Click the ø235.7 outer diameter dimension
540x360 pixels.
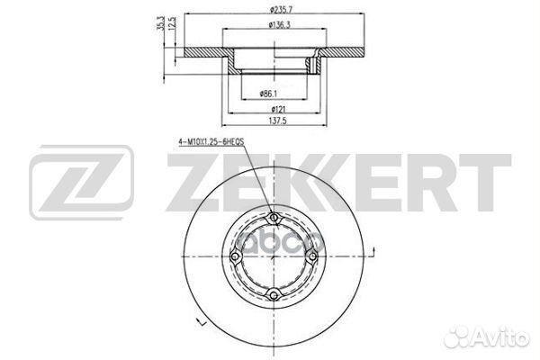[x=276, y=10]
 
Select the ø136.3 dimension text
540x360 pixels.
[x=276, y=25]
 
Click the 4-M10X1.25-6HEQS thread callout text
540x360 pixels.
[x=212, y=142]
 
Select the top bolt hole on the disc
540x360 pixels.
[x=274, y=215]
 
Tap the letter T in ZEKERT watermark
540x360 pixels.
[x=487, y=181]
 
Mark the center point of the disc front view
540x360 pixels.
[x=274, y=256]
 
